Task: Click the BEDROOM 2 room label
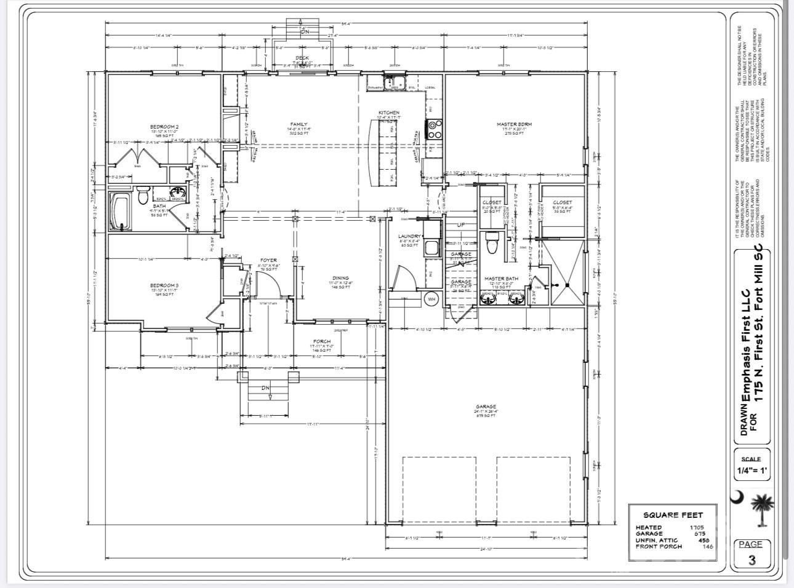pos(164,127)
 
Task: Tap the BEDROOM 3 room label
pos(164,285)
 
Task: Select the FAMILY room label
pos(299,124)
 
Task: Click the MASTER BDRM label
pos(514,124)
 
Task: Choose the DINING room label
pos(340,278)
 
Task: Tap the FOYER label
pos(268,260)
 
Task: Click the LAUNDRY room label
pos(409,236)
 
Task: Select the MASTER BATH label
pos(501,279)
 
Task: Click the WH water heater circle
pos(431,300)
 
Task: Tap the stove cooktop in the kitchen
pos(434,129)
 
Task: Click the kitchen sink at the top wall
pos(390,82)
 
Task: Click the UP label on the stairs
pos(461,225)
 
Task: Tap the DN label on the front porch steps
pos(266,388)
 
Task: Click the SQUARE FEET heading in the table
pos(672,515)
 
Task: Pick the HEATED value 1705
pos(697,528)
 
